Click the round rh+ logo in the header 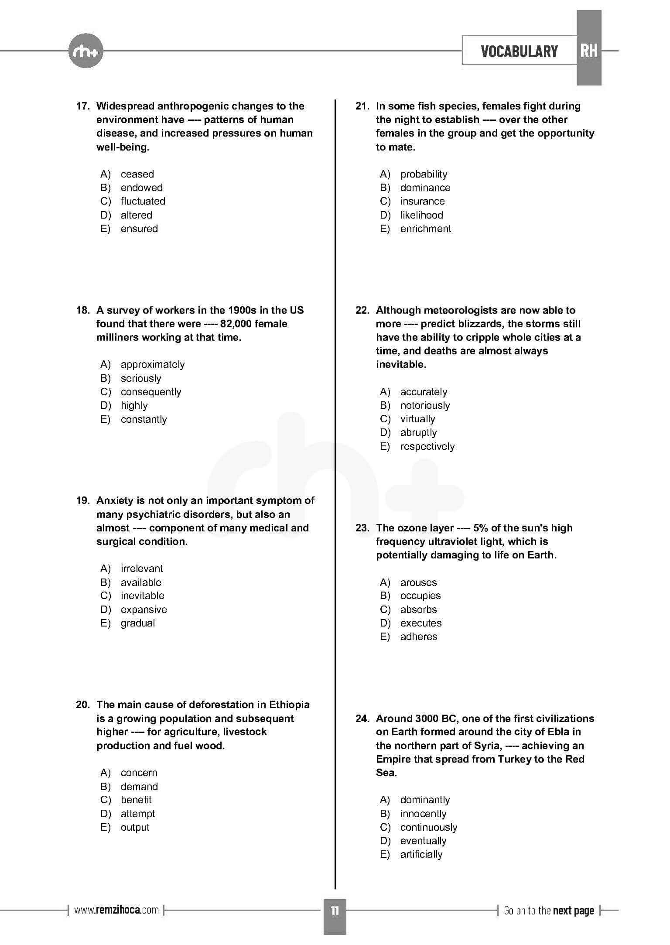pos(86,51)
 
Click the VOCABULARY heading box pos(519,51)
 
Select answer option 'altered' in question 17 pos(136,215)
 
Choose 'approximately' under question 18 pos(152,364)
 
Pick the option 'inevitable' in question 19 pos(142,596)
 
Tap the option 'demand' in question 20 pos(139,786)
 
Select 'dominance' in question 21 pos(425,188)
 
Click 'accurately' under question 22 pos(423,392)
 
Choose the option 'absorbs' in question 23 pos(418,609)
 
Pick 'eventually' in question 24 pos(423,841)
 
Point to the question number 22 pos(362,310)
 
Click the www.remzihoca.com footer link pos(116,910)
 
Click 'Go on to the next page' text pos(549,911)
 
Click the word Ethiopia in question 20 pos(289,705)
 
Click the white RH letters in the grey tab pos(588,51)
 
